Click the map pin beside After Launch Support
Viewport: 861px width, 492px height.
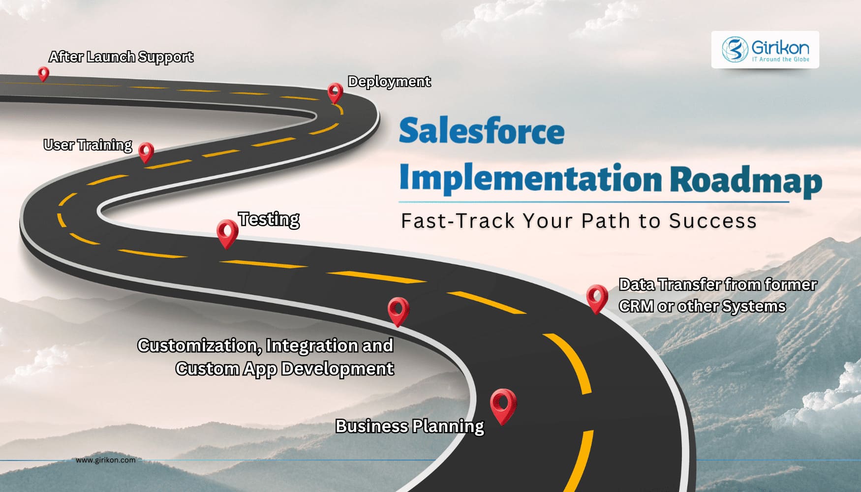click(x=43, y=74)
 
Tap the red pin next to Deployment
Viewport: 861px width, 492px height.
click(x=335, y=92)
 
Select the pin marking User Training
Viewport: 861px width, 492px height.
click(x=146, y=152)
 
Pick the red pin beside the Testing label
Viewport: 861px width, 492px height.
click(x=227, y=232)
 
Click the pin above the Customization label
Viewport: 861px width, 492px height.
click(x=398, y=310)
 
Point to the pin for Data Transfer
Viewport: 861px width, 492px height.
click(x=597, y=297)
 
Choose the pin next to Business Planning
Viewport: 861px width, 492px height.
click(x=503, y=405)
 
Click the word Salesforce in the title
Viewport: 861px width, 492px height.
click(x=482, y=131)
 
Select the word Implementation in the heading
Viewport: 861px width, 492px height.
click(x=530, y=179)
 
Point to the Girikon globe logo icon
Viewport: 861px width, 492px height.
click(x=735, y=49)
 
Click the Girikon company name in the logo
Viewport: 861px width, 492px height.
click(x=780, y=47)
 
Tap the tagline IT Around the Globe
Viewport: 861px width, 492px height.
click(x=780, y=60)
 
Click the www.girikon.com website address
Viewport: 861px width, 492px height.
click(x=105, y=460)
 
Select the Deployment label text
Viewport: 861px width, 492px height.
click(x=389, y=81)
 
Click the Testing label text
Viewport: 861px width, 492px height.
click(x=269, y=219)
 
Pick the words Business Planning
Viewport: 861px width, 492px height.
click(x=410, y=426)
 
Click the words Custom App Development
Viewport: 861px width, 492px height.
click(x=285, y=369)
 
